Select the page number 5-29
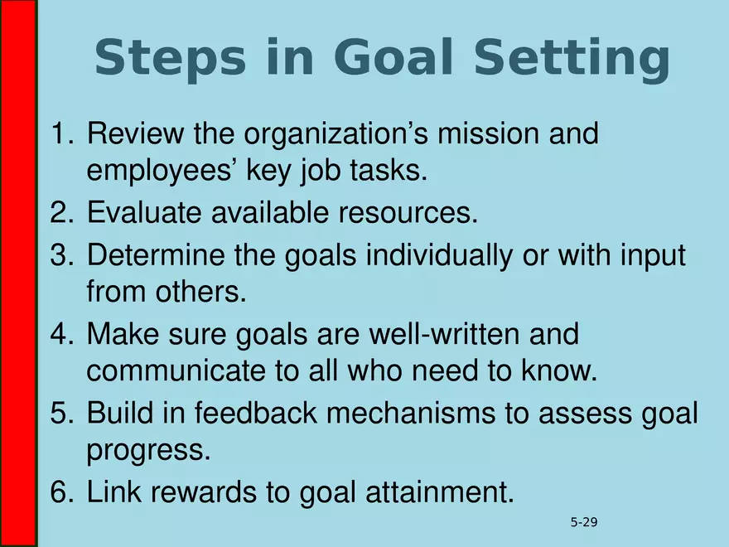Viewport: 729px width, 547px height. [x=584, y=522]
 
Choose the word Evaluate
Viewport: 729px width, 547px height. [x=142, y=213]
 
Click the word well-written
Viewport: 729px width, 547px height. [x=437, y=336]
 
